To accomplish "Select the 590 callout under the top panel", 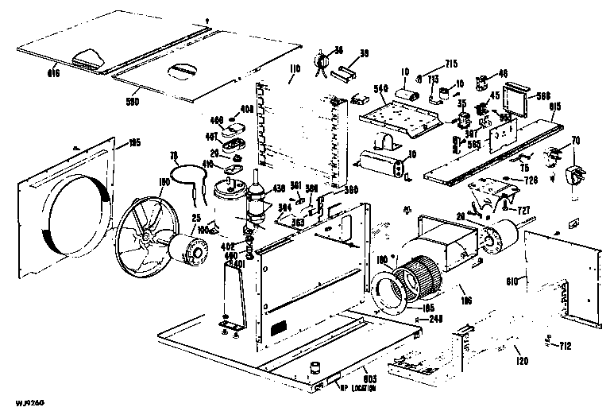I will pyautogui.click(x=133, y=103).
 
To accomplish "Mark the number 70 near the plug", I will pyautogui.click(x=576, y=141).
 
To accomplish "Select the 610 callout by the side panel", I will pyautogui.click(x=512, y=281).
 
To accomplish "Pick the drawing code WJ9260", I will pyautogui.click(x=17, y=403).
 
